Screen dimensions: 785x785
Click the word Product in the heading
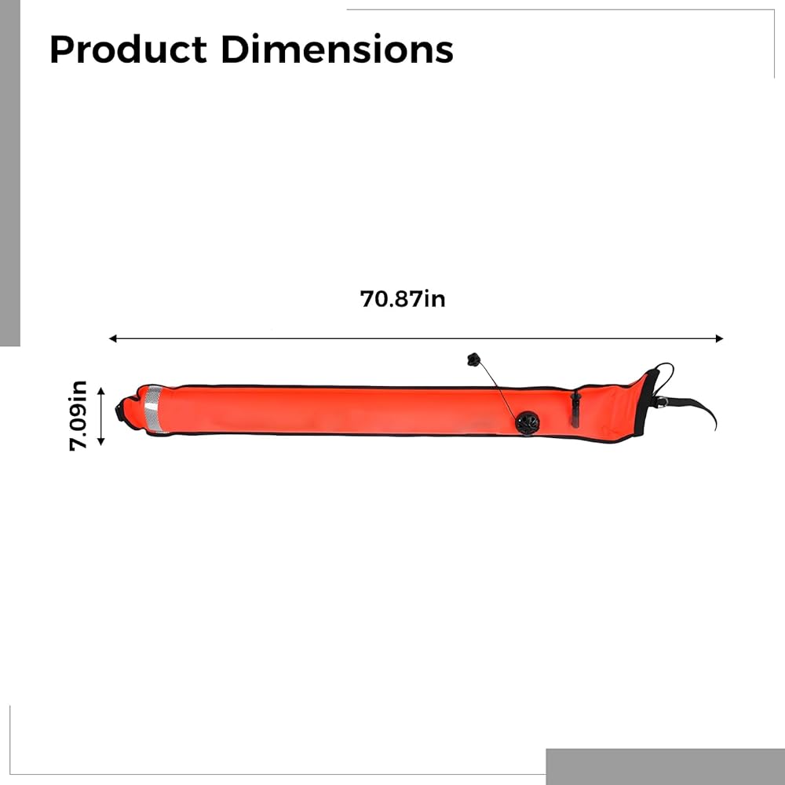(128, 49)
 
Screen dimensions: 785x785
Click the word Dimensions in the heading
(337, 49)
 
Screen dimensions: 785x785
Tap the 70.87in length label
(403, 299)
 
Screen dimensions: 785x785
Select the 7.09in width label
(78, 415)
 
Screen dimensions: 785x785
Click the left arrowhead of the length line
(112, 338)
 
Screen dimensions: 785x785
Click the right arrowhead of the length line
(719, 338)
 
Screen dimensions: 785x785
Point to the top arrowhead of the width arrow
(100, 390)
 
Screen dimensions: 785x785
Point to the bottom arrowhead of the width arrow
(100, 441)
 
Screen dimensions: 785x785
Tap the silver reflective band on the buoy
(153, 409)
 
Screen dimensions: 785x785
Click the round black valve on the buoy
(528, 423)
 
